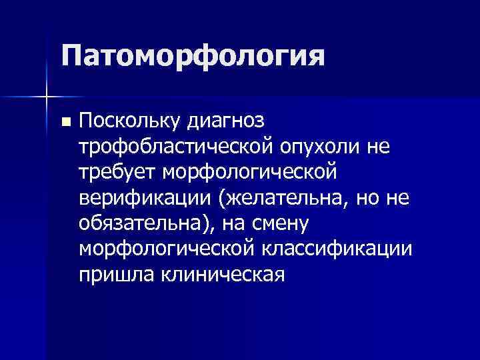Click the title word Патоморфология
click(193, 57)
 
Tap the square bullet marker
click(65, 123)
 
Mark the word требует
click(117, 172)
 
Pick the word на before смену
click(239, 223)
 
